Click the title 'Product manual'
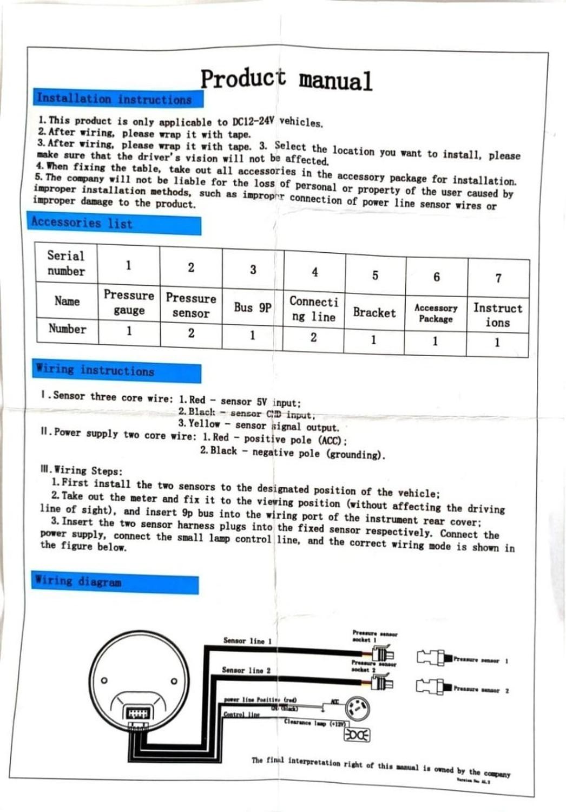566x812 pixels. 286,80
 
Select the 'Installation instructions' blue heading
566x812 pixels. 114,99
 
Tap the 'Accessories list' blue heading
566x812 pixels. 82,222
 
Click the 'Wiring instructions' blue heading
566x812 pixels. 95,370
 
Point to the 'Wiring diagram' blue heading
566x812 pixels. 78,582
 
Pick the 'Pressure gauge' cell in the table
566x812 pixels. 129,303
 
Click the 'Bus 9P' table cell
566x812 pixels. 252,307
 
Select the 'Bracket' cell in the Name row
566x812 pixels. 374,312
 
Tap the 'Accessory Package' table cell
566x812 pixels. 436,313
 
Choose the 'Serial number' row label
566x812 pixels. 66,263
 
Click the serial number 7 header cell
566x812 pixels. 498,278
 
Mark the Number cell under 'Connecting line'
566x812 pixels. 313,338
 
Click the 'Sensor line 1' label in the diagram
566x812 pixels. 247,641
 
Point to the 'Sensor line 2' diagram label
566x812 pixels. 246,670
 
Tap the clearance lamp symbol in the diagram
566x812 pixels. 357,735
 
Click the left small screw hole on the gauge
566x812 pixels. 104,680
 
